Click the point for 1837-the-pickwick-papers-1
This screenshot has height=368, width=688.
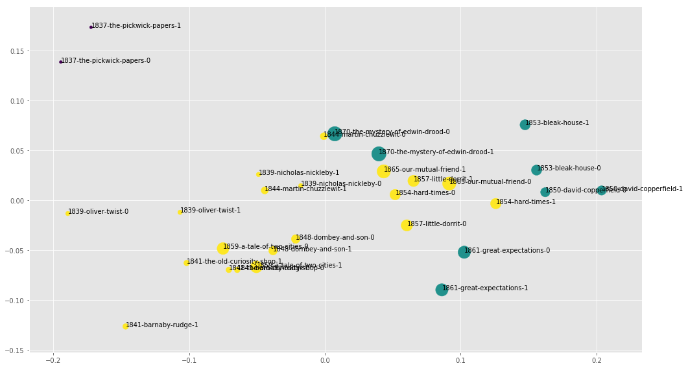click(91, 27)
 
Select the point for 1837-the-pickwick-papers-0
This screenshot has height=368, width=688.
click(60, 62)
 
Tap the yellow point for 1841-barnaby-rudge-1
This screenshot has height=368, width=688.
click(125, 326)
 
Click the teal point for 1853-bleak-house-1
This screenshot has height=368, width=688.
click(525, 124)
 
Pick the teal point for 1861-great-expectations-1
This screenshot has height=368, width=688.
click(442, 290)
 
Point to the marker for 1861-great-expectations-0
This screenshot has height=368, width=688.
click(464, 252)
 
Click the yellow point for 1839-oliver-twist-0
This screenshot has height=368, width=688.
click(67, 213)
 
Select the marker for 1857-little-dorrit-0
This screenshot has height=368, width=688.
click(407, 225)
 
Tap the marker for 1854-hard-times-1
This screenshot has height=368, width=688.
click(495, 203)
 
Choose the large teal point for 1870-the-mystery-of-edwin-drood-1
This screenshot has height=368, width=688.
click(379, 154)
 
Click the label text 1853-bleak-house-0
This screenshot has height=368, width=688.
click(569, 168)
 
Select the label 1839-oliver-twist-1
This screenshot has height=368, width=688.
click(210, 211)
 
